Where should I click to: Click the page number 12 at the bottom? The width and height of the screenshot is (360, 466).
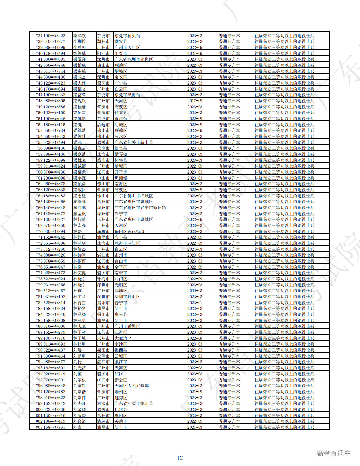click(180, 458)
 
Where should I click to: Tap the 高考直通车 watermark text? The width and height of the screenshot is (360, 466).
click(333, 453)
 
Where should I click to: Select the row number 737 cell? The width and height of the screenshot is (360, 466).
click(39, 36)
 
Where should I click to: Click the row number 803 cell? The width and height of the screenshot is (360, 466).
click(39, 427)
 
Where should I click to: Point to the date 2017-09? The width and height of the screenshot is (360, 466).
click(195, 101)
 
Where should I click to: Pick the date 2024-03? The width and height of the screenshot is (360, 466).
click(195, 249)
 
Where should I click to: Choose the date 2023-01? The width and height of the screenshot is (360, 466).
click(195, 303)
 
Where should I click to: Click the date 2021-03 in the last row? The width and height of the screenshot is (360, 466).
click(195, 427)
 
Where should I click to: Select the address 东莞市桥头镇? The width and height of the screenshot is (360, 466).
click(127, 36)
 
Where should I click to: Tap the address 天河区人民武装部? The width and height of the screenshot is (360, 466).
click(132, 386)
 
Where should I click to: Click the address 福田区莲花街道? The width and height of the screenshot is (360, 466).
click(129, 231)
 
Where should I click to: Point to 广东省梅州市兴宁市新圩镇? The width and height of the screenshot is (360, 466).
click(140, 208)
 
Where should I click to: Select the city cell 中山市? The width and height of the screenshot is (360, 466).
click(103, 178)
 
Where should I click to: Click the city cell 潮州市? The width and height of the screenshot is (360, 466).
click(103, 41)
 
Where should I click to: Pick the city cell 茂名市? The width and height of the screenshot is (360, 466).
click(103, 148)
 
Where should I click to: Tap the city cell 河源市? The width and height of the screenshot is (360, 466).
click(103, 403)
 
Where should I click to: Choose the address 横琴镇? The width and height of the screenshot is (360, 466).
click(121, 154)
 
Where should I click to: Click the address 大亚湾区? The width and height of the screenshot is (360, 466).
click(123, 338)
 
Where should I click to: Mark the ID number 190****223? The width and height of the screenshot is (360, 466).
click(54, 36)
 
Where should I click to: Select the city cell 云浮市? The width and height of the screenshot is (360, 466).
click(103, 356)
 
